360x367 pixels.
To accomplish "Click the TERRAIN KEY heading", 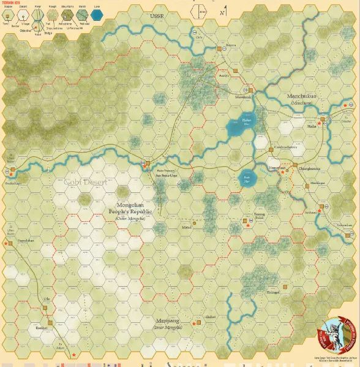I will [x=11, y=2].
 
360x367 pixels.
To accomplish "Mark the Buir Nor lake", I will [x=247, y=177].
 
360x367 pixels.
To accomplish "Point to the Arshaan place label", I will [x=312, y=212].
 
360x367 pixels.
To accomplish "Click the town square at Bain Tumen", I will [x=148, y=164].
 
